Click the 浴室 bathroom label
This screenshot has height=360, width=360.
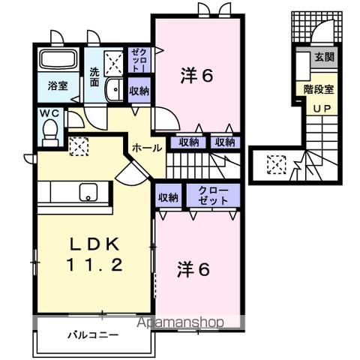(58, 85)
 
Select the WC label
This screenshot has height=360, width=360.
(50, 114)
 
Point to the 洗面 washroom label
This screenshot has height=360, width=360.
(95, 77)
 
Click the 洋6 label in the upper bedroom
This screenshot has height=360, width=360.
(198, 76)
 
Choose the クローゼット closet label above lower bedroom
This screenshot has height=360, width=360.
(214, 197)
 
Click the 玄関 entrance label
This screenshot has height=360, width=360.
(324, 57)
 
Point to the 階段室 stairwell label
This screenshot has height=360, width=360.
(319, 89)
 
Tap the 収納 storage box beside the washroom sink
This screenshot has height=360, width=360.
(139, 90)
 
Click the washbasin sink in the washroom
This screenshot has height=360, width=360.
(114, 90)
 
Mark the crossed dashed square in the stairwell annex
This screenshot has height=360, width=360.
(277, 162)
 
